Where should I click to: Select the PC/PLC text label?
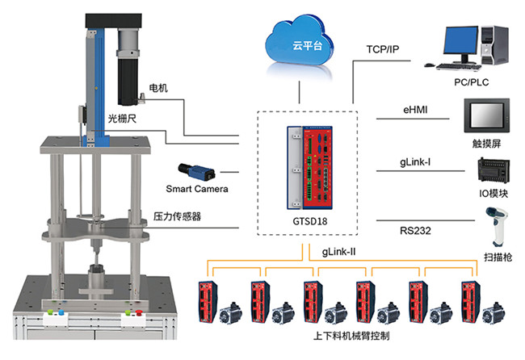[x=472, y=82]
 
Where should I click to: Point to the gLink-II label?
[x=340, y=252]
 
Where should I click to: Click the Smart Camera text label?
[x=197, y=189]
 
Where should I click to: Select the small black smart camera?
[x=196, y=170]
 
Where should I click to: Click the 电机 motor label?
[x=158, y=86]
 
